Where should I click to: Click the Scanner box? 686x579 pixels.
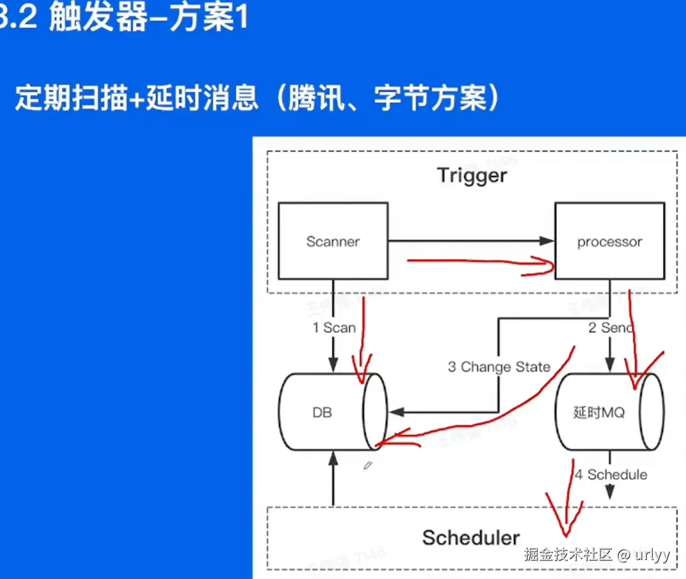click(x=333, y=241)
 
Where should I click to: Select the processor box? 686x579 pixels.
click(x=609, y=241)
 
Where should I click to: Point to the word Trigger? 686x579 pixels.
click(x=472, y=176)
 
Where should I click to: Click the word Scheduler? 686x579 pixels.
click(x=471, y=538)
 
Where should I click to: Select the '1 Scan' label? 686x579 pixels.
click(x=334, y=328)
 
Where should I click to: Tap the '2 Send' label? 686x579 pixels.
click(x=609, y=328)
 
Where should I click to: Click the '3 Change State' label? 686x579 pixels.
click(x=499, y=367)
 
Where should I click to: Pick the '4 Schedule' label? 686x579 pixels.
click(x=611, y=474)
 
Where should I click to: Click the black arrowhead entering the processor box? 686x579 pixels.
click(x=547, y=241)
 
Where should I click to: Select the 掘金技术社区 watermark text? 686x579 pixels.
click(x=567, y=555)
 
